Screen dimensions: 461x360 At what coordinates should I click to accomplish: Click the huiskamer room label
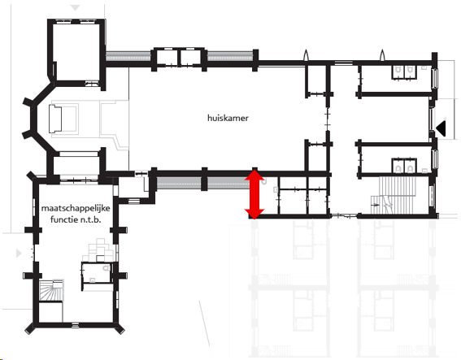tap(228, 118)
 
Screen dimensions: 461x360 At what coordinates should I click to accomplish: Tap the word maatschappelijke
tap(76, 208)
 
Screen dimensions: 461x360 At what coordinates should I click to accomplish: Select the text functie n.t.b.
tap(76, 219)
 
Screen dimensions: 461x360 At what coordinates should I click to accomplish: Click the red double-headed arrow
tap(254, 194)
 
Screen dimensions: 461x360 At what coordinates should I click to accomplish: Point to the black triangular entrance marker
tap(441, 128)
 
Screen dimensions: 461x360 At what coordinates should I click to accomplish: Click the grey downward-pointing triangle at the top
tap(76, 7)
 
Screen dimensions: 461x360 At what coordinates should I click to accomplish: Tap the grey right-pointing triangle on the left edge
tap(19, 253)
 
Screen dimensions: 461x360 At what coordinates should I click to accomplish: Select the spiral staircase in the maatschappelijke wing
tap(51, 290)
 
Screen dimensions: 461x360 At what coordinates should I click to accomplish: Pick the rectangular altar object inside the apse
tap(55, 119)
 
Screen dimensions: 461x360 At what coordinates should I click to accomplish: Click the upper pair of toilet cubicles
tap(403, 72)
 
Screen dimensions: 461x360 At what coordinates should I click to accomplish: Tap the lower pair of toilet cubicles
tap(403, 166)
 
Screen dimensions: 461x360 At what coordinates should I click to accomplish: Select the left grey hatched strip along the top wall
tap(128, 56)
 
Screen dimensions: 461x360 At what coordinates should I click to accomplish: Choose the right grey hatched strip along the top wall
tap(230, 56)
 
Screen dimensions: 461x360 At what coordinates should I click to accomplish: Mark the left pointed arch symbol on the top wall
tap(306, 55)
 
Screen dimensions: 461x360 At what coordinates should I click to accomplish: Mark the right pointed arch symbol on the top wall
tap(382, 55)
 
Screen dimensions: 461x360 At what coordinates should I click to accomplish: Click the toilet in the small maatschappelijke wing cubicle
tap(107, 268)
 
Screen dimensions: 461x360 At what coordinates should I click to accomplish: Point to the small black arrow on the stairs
tap(376, 205)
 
